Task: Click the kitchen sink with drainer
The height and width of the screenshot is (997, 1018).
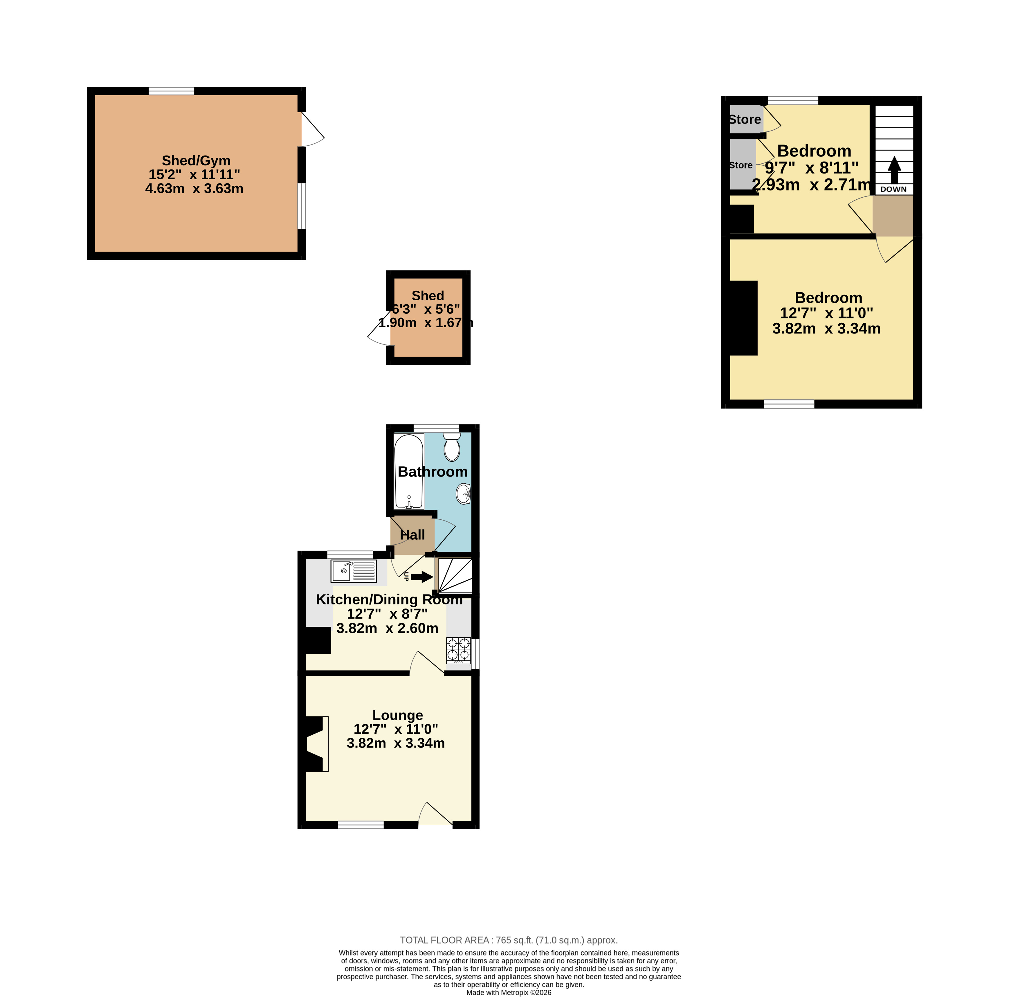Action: [354, 571]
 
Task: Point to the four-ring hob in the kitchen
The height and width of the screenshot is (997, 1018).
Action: [458, 650]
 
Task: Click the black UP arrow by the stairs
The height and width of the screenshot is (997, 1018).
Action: [422, 577]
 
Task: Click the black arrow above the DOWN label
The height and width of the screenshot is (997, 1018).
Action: [894, 170]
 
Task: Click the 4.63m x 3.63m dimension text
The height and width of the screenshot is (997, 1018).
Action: [194, 189]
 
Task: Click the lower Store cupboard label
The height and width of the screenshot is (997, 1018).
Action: [741, 165]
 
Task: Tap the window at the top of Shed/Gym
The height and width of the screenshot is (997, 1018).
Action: [171, 91]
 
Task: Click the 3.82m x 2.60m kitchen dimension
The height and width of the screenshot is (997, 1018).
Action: [387, 628]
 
